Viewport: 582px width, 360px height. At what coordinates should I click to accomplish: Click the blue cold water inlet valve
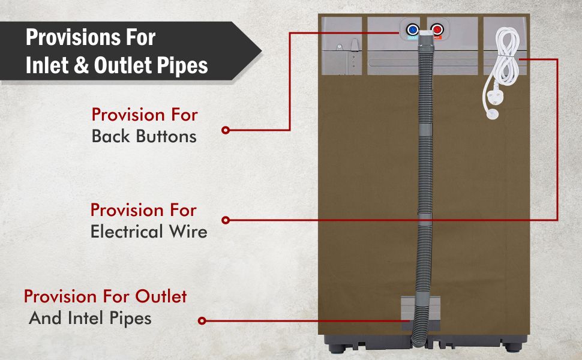click(x=413, y=29)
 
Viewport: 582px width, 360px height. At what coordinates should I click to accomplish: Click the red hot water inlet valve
click(x=437, y=29)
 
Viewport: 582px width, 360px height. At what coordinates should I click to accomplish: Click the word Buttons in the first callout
click(x=167, y=136)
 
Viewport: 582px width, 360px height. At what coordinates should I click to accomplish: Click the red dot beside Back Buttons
click(x=226, y=130)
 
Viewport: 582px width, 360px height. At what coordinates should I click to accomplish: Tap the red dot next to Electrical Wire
click(x=226, y=220)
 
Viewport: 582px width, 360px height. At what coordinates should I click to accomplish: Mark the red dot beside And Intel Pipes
click(x=202, y=321)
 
